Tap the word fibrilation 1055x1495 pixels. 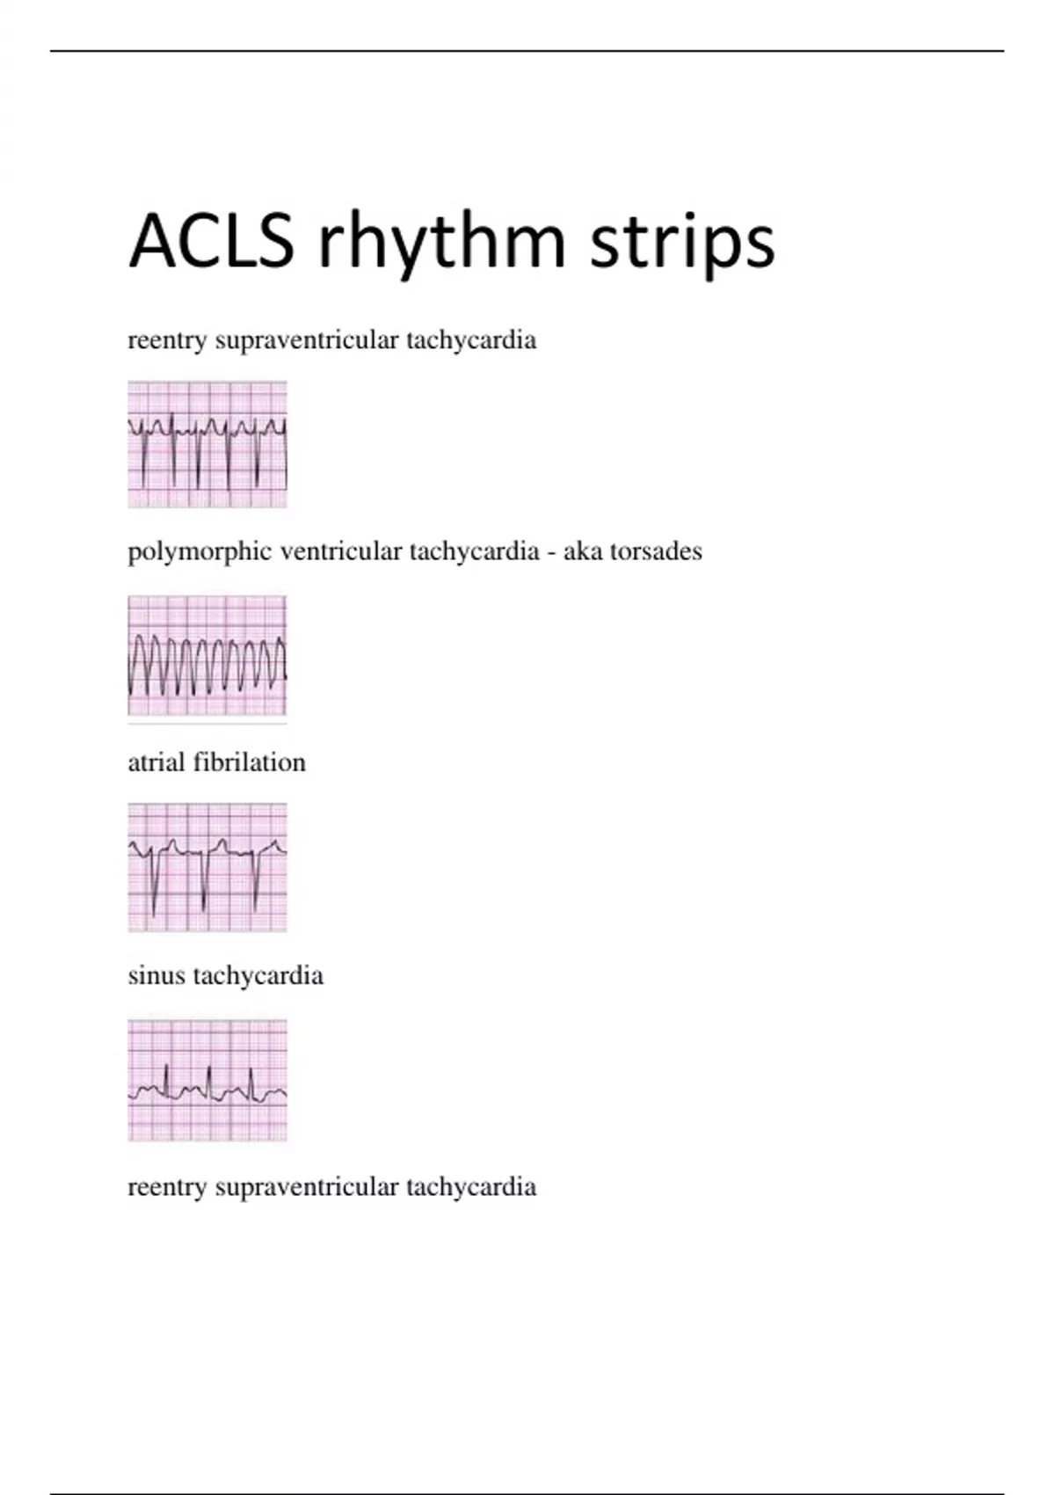coord(250,762)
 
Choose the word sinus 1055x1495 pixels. coord(156,976)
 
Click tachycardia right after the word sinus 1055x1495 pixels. coord(258,977)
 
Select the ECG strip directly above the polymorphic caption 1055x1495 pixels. coord(207,444)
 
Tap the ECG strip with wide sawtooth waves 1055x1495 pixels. coord(207,655)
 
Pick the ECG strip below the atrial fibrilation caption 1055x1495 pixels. coord(207,867)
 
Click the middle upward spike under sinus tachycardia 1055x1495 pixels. coord(209,1083)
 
